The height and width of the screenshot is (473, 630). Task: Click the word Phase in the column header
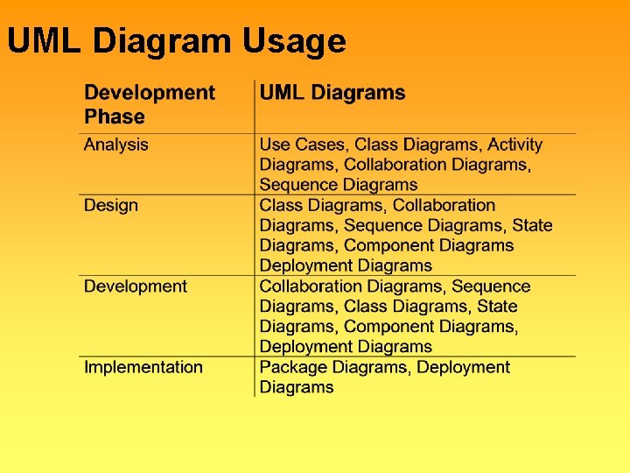click(x=115, y=116)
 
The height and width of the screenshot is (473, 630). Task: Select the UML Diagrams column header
click(x=332, y=93)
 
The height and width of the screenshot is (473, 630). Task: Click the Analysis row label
click(x=116, y=145)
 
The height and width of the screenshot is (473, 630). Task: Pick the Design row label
click(x=111, y=205)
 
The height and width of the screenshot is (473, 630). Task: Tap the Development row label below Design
click(x=136, y=286)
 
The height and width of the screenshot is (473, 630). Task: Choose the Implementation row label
click(x=143, y=367)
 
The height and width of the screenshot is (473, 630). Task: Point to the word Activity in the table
click(x=514, y=145)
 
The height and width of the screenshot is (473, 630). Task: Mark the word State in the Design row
click(x=532, y=225)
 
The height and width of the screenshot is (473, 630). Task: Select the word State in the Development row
click(x=497, y=307)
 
